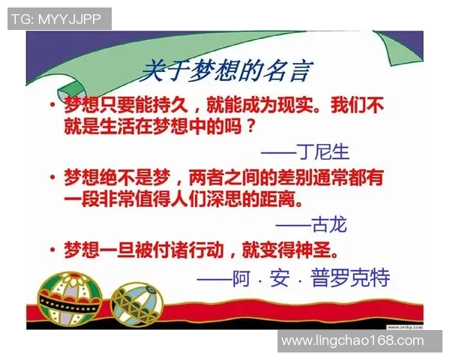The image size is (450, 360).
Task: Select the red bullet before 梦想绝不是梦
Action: (x=52, y=178)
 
